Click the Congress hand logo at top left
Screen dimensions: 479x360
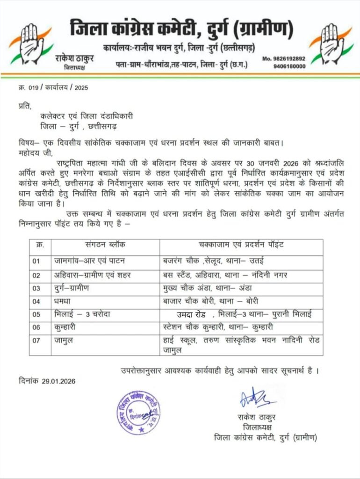(x=29, y=44)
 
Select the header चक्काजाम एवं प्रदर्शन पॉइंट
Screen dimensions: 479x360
(x=241, y=245)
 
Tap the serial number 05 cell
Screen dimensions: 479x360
(x=36, y=314)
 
